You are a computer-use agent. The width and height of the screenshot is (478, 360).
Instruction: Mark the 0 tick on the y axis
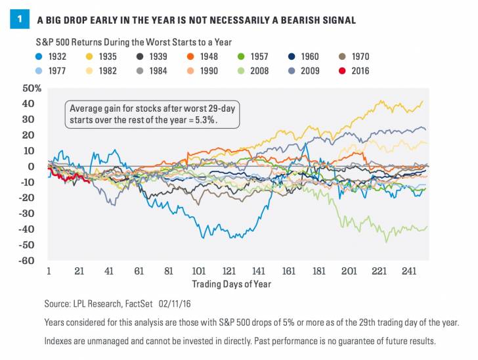37,167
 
